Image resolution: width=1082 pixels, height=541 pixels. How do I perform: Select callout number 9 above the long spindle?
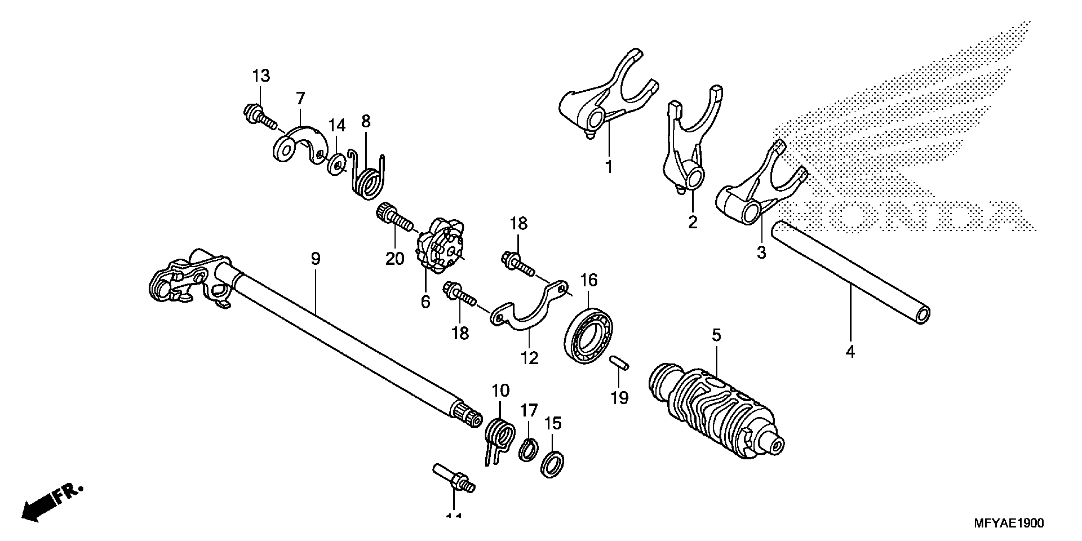coord(316,259)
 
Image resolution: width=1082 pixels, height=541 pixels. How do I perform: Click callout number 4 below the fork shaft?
coord(850,351)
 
